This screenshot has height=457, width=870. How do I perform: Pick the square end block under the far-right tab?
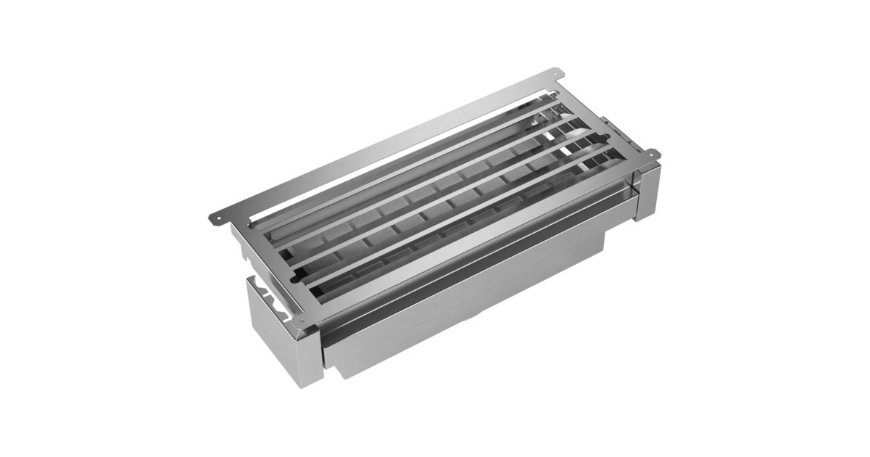point(647,190)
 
